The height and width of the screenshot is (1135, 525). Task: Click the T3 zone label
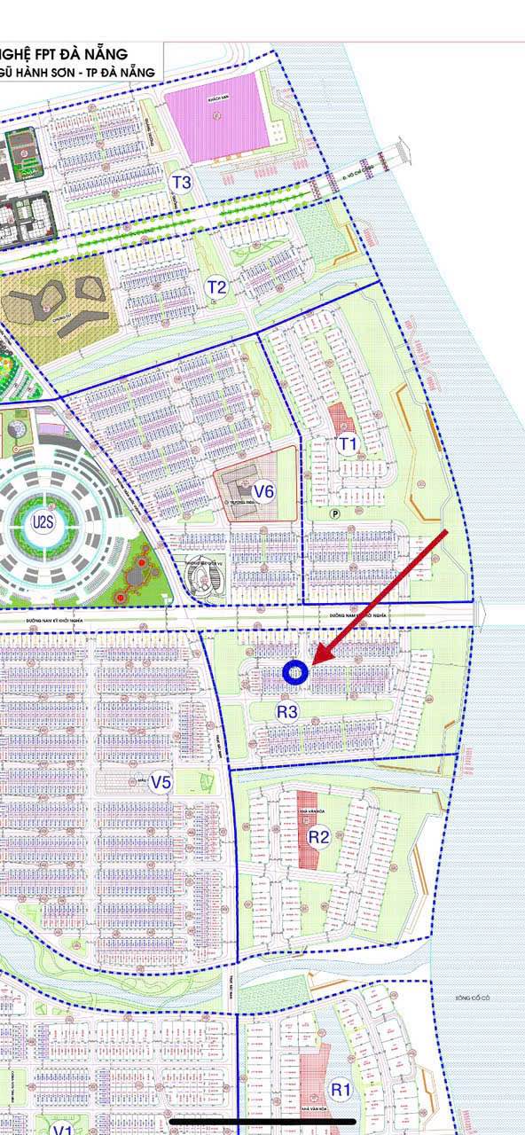point(182,184)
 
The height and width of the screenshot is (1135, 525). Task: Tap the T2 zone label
point(216,286)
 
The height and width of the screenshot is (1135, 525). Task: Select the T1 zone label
point(348,442)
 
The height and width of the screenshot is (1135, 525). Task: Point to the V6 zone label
point(263,492)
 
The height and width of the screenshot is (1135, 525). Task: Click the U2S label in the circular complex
point(43,521)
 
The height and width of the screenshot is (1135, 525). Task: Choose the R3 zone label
point(287,710)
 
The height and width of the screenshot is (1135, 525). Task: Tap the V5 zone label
point(161,782)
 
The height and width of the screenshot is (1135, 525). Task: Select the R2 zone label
point(319,836)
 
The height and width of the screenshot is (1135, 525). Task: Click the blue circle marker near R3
point(295,674)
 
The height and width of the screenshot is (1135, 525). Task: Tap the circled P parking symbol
point(336,513)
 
